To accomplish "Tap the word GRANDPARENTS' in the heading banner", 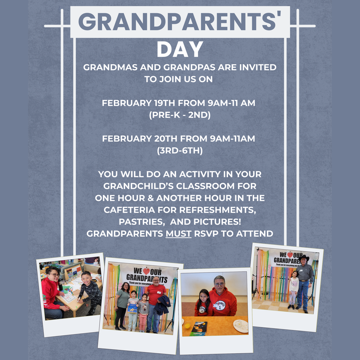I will (180, 22).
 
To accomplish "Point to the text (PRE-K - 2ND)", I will (180, 115).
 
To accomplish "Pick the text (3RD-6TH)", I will (180, 150).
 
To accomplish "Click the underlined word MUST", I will (179, 233).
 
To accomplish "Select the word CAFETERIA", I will (131, 210).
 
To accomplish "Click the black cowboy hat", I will (303, 258).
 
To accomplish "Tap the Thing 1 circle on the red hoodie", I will (220, 305).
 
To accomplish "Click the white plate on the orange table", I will (241, 326).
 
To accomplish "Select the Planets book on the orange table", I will (198, 329).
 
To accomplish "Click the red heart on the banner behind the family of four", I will (146, 271).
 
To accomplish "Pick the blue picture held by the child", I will (132, 308).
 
